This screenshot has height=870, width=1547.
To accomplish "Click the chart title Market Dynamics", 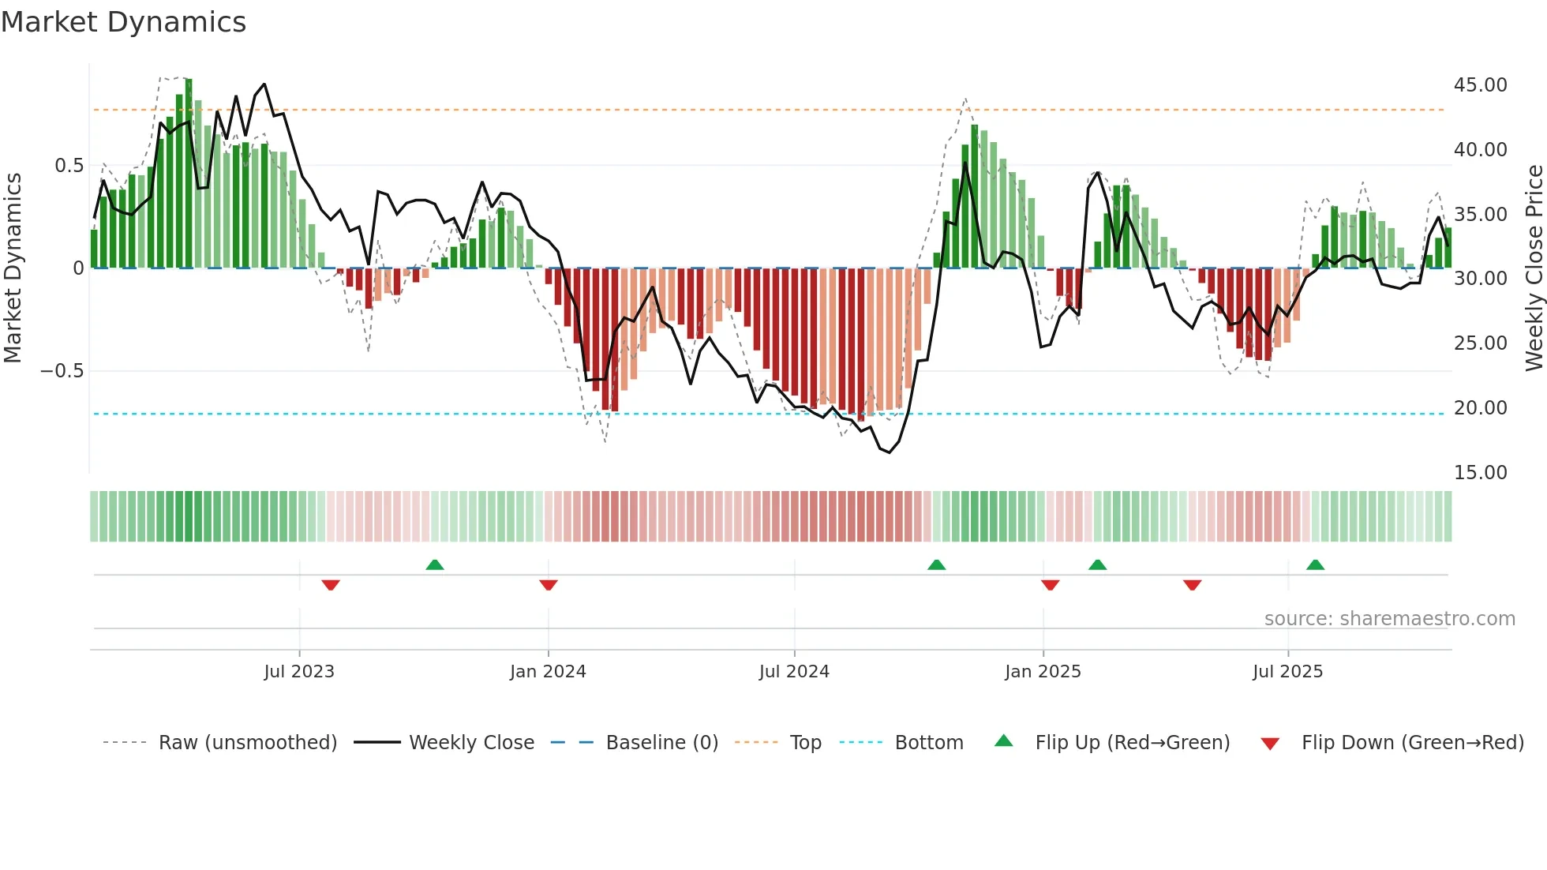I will [x=123, y=22].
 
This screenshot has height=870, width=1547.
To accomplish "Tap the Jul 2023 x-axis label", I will [x=299, y=672].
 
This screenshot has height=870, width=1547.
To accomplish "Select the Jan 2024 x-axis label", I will [x=548, y=672].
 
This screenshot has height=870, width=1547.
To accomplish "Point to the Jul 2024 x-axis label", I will [x=794, y=672].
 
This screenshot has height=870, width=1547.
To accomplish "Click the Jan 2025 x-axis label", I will [x=1043, y=672].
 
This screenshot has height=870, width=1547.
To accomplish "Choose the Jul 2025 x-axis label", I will [x=1287, y=672].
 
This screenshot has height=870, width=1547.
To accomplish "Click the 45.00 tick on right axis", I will [x=1480, y=85].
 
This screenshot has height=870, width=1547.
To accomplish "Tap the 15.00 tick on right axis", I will [x=1480, y=473].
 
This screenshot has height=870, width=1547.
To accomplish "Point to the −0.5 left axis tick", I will [x=62, y=371].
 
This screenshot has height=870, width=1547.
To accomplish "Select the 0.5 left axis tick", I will [x=69, y=166].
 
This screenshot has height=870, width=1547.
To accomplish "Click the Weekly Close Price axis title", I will [x=1534, y=268].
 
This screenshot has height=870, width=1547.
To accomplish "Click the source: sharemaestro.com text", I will [x=1389, y=619].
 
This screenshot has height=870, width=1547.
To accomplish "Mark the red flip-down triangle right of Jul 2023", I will [x=331, y=585].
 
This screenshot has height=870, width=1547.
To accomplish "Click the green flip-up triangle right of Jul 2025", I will [x=1315, y=564].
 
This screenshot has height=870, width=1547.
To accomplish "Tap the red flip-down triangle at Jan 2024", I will [x=549, y=585].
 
